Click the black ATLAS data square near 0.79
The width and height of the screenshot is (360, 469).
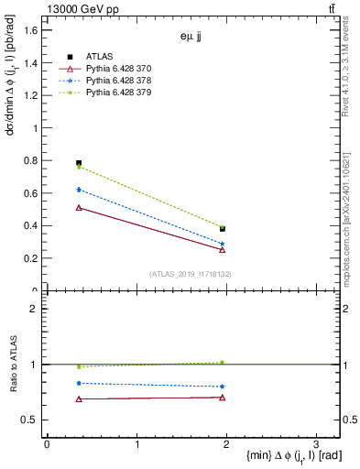[79, 163]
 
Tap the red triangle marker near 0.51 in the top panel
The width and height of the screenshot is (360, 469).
[79, 208]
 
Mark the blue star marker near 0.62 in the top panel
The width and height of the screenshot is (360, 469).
[79, 190]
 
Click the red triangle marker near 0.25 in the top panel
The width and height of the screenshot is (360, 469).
[223, 249]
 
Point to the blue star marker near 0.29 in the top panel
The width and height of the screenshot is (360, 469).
[223, 244]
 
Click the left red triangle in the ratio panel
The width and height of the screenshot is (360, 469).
[79, 398]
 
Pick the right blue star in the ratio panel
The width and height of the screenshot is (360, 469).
[223, 387]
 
